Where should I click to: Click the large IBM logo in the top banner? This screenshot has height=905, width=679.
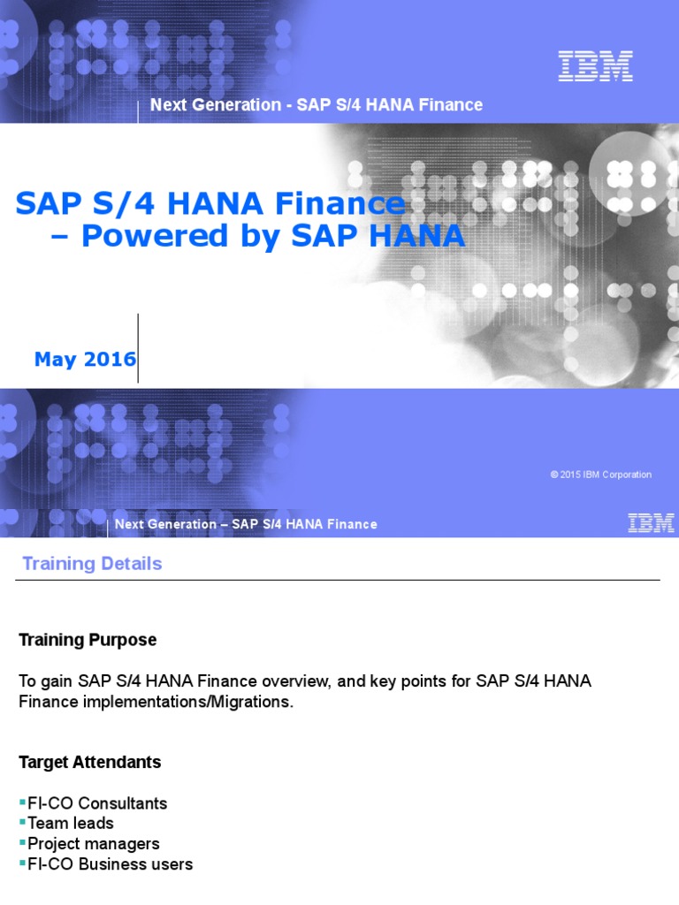[595, 66]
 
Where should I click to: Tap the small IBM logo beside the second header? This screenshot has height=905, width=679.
[651, 523]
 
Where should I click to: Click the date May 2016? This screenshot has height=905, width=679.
[85, 360]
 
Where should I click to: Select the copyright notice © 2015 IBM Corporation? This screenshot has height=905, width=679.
[600, 475]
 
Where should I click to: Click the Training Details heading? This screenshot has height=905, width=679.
[92, 564]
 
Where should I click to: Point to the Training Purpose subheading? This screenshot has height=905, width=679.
[88, 640]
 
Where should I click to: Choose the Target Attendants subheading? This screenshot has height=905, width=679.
[90, 762]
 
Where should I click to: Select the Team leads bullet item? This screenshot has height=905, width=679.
[71, 823]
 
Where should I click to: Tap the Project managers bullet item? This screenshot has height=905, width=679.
[94, 843]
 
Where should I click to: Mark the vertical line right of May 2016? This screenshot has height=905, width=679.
[138, 348]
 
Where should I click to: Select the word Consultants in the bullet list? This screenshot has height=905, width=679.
[123, 803]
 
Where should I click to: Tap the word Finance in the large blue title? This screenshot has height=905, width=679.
[340, 204]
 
